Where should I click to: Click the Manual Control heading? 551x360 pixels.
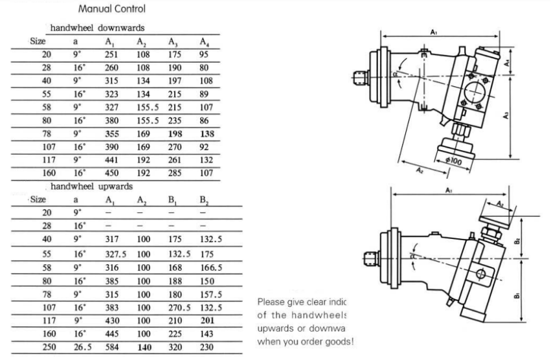click(x=111, y=9)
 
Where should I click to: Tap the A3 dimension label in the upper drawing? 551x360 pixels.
click(x=506, y=115)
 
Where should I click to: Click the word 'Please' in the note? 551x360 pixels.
click(x=271, y=302)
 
